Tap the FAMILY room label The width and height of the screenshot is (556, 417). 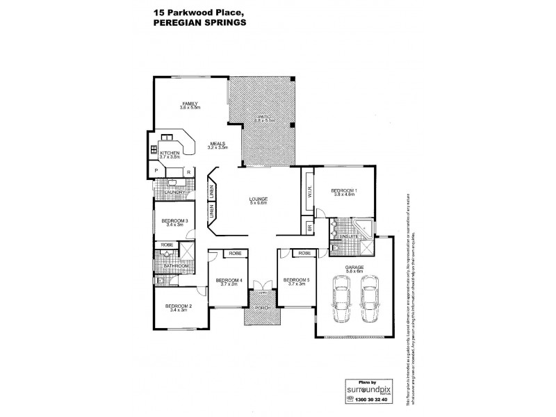coord(190,104)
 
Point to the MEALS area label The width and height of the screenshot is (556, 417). coord(218,143)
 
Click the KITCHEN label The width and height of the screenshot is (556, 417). coord(170,154)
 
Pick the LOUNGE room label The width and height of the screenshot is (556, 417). coord(259,200)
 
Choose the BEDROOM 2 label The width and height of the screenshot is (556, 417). coord(178,306)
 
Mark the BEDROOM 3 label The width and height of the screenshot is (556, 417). coord(175,221)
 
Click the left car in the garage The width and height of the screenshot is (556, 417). coord(341,300)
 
